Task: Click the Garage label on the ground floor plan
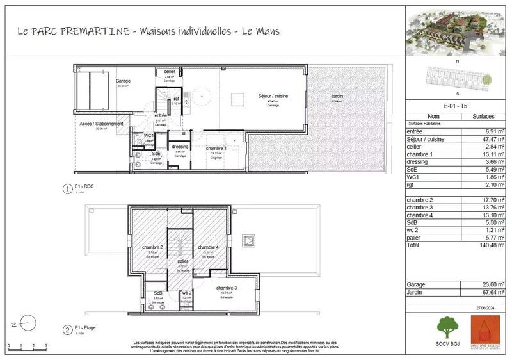[124, 82]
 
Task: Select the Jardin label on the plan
[337, 96]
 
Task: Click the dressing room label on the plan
[180, 147]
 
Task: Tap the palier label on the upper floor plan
[182, 261]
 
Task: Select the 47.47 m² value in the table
[484, 139]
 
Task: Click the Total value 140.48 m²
[483, 244]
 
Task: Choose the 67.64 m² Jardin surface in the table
[484, 294]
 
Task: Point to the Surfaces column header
[483, 117]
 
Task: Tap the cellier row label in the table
[416, 147]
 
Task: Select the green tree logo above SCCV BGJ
[447, 327]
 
